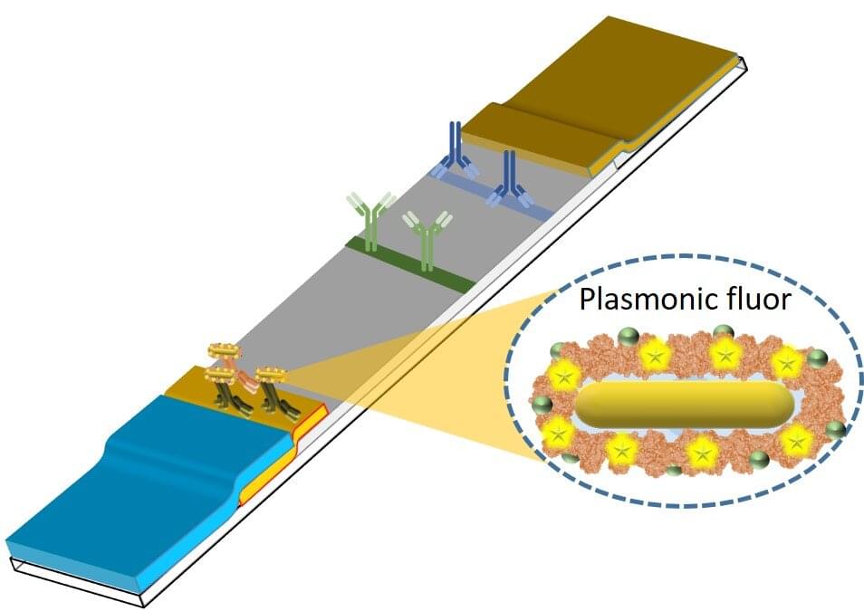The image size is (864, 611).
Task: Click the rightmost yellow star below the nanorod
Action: click(x=796, y=441)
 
